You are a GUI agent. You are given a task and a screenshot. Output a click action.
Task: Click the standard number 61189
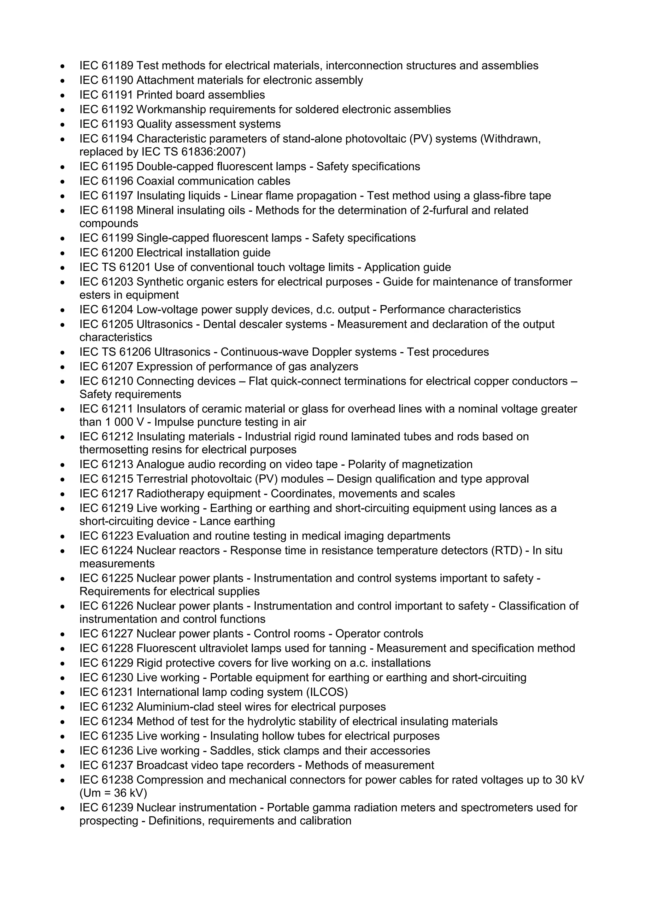(x=117, y=66)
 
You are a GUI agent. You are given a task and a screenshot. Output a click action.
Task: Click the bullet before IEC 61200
(x=62, y=253)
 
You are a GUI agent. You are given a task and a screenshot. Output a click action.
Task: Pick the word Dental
(x=218, y=324)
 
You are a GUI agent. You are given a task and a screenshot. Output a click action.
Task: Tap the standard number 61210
(x=117, y=381)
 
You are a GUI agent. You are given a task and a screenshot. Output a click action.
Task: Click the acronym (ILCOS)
(x=327, y=692)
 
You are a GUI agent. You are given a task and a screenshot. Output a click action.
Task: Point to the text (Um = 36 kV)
(x=113, y=793)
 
